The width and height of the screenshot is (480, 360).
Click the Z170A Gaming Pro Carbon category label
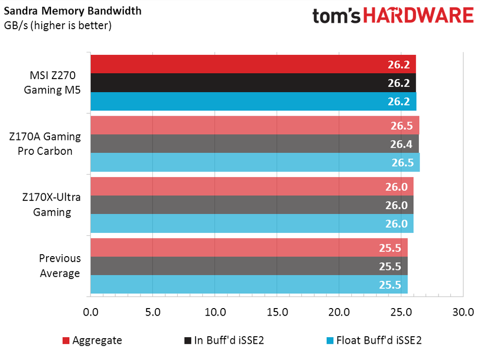click(x=45, y=144)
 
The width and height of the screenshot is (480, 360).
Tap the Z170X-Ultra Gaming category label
click(x=51, y=205)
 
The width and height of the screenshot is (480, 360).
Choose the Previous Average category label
click(x=59, y=266)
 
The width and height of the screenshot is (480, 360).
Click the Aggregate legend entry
click(x=92, y=340)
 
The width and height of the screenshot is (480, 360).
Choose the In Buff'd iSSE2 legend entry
click(x=226, y=340)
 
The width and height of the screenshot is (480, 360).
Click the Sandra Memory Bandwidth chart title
click(x=72, y=10)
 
